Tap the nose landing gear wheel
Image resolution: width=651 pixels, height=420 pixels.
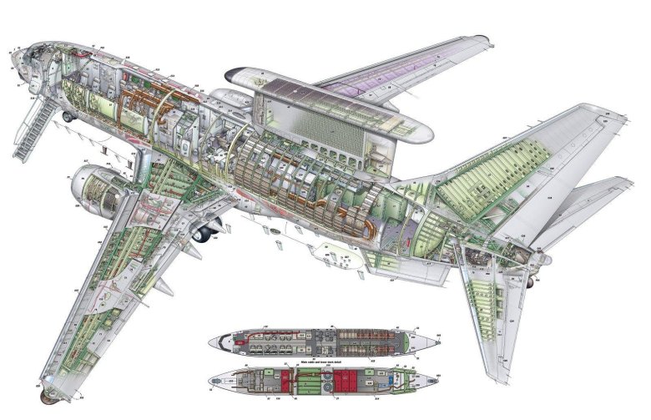point(68,117)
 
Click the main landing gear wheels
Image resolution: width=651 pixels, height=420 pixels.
point(203,233)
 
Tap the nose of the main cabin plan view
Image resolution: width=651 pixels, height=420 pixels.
point(213,342)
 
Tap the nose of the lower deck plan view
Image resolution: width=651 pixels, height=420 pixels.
point(213,381)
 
